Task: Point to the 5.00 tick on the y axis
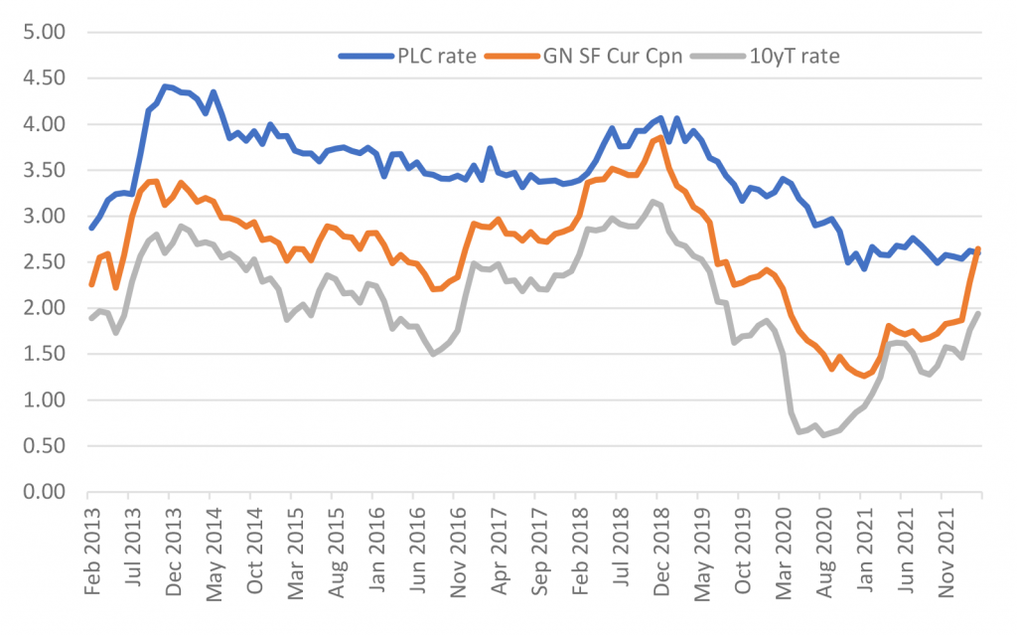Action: coord(43,32)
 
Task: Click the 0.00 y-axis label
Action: coord(43,492)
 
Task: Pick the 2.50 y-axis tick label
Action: coord(43,262)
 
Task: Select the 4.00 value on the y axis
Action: coord(43,124)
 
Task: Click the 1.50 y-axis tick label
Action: coord(43,354)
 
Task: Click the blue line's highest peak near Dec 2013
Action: coord(165,86)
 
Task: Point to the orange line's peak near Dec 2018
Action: coord(659,137)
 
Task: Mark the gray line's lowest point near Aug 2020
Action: coord(824,435)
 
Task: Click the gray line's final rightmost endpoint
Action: coord(979,314)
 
